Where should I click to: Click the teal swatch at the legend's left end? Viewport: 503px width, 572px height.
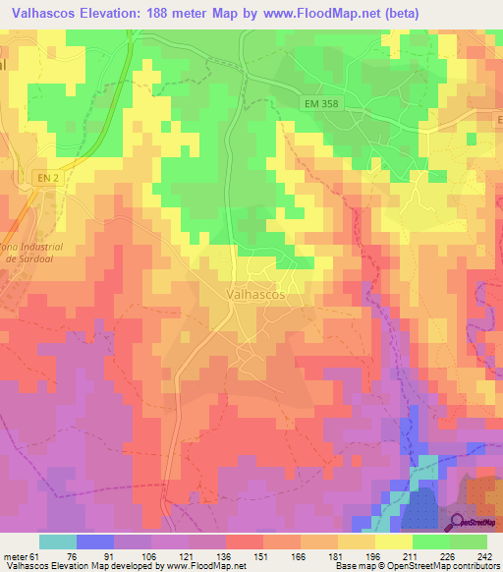(x=57, y=542)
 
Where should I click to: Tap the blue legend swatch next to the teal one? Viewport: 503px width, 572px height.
(x=94, y=542)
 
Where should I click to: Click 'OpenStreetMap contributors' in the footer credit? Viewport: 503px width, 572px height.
(x=439, y=566)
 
